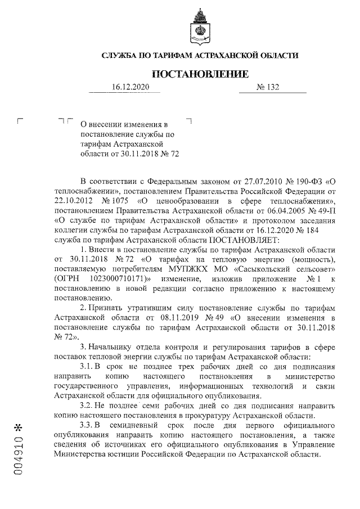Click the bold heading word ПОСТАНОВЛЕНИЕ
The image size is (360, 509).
[200, 74]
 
